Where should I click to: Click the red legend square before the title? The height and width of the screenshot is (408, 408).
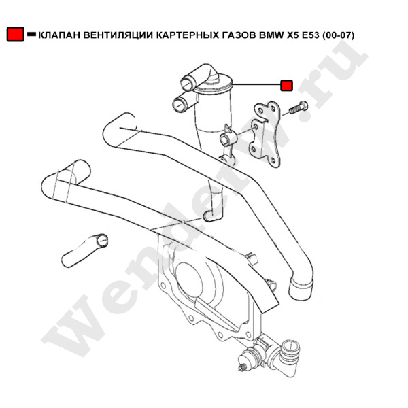point(15,34)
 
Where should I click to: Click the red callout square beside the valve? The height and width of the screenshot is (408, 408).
point(287,85)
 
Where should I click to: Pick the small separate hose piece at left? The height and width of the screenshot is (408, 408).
point(86,250)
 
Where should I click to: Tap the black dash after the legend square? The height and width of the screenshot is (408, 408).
point(31,34)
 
